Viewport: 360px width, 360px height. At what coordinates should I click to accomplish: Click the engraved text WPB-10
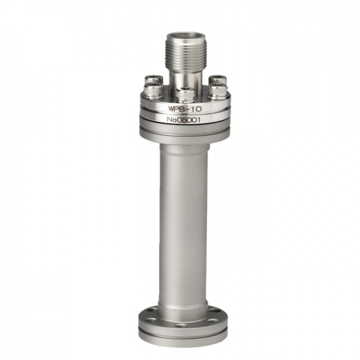tap(185, 108)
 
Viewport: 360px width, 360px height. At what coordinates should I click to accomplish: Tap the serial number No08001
tap(184, 120)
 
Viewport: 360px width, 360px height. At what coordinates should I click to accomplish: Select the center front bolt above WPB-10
tap(185, 94)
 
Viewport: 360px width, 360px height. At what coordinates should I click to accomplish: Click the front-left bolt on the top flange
tap(153, 91)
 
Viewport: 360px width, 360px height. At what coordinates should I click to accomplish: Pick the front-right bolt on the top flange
tap(218, 91)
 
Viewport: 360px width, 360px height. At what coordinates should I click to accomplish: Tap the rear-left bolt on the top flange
tap(154, 81)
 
